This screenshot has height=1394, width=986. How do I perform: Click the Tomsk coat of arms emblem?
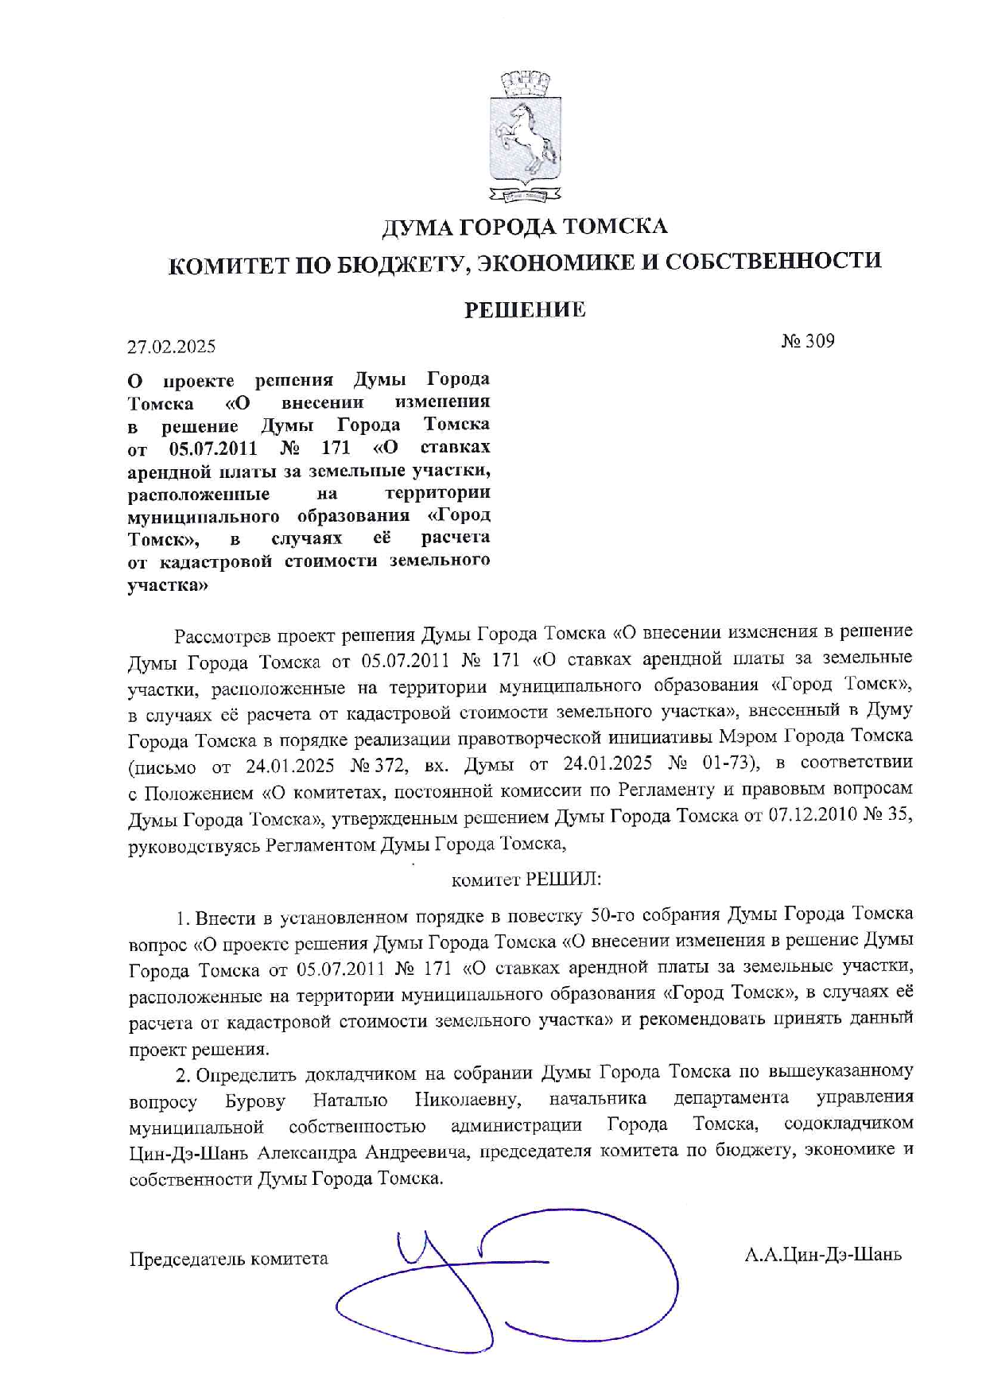525,135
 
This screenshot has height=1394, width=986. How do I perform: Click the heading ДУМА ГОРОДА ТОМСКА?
525,227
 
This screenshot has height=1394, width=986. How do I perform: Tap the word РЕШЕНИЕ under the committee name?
525,309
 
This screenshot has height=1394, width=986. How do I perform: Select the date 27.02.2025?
172,347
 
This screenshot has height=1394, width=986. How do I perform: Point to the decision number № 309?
808,341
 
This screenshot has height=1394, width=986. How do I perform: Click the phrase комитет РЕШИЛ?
526,880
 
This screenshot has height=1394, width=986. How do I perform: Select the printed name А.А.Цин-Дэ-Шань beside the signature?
823,1255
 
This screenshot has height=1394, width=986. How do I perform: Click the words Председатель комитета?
229,1259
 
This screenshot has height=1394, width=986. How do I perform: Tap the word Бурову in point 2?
255,1102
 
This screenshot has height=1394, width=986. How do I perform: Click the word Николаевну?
468,1100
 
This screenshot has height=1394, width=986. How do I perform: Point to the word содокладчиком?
848,1123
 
